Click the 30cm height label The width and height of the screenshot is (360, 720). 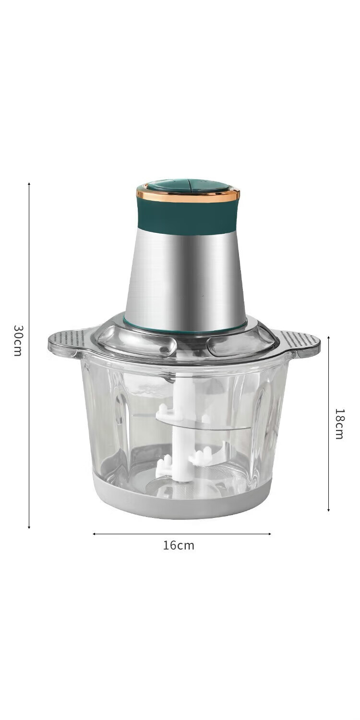(x=18, y=340)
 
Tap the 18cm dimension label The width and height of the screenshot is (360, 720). (x=339, y=424)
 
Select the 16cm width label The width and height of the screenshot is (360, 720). (x=179, y=545)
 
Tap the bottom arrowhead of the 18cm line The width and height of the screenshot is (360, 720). (x=328, y=509)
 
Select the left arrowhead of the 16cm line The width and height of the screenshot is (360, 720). (x=94, y=534)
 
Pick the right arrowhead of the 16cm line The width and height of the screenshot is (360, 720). (x=269, y=534)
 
